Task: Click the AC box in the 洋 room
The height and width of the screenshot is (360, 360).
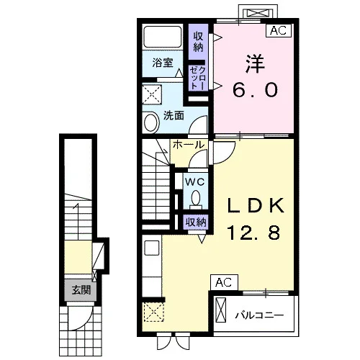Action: [279, 30]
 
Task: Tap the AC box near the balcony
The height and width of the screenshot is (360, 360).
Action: [224, 282]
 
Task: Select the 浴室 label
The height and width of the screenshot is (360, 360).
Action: [163, 63]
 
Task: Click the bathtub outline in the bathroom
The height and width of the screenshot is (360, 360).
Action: [162, 37]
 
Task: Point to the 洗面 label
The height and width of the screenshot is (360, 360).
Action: [174, 116]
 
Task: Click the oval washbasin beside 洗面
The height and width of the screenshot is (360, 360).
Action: [151, 122]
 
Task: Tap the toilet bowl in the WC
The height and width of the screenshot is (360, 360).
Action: [196, 197]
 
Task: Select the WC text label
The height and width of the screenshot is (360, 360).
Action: [194, 181]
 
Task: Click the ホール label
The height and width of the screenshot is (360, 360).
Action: [189, 145]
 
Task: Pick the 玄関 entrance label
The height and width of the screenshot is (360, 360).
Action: [81, 291]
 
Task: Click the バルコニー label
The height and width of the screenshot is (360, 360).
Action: [259, 315]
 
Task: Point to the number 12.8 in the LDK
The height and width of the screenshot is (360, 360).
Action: [253, 233]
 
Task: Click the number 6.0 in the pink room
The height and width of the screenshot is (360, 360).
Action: [255, 90]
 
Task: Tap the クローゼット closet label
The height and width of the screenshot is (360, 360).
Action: [198, 78]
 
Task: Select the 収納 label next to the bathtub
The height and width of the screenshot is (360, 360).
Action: [198, 42]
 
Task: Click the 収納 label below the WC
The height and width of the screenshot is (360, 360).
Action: [196, 222]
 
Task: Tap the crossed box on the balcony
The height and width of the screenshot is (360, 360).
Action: [221, 310]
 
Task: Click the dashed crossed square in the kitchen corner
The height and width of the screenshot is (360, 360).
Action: [153, 312]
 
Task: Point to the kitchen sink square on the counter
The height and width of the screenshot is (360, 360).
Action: [152, 248]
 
